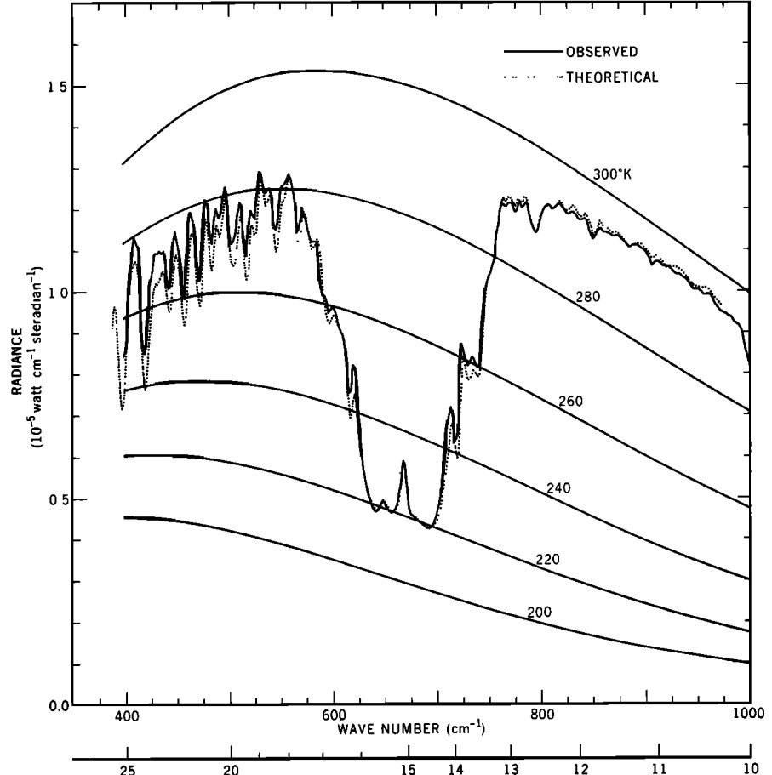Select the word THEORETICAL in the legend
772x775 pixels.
[611, 77]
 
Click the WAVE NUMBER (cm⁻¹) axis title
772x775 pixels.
[411, 729]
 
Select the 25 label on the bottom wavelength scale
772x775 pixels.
[127, 768]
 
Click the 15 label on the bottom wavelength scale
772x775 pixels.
[408, 768]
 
